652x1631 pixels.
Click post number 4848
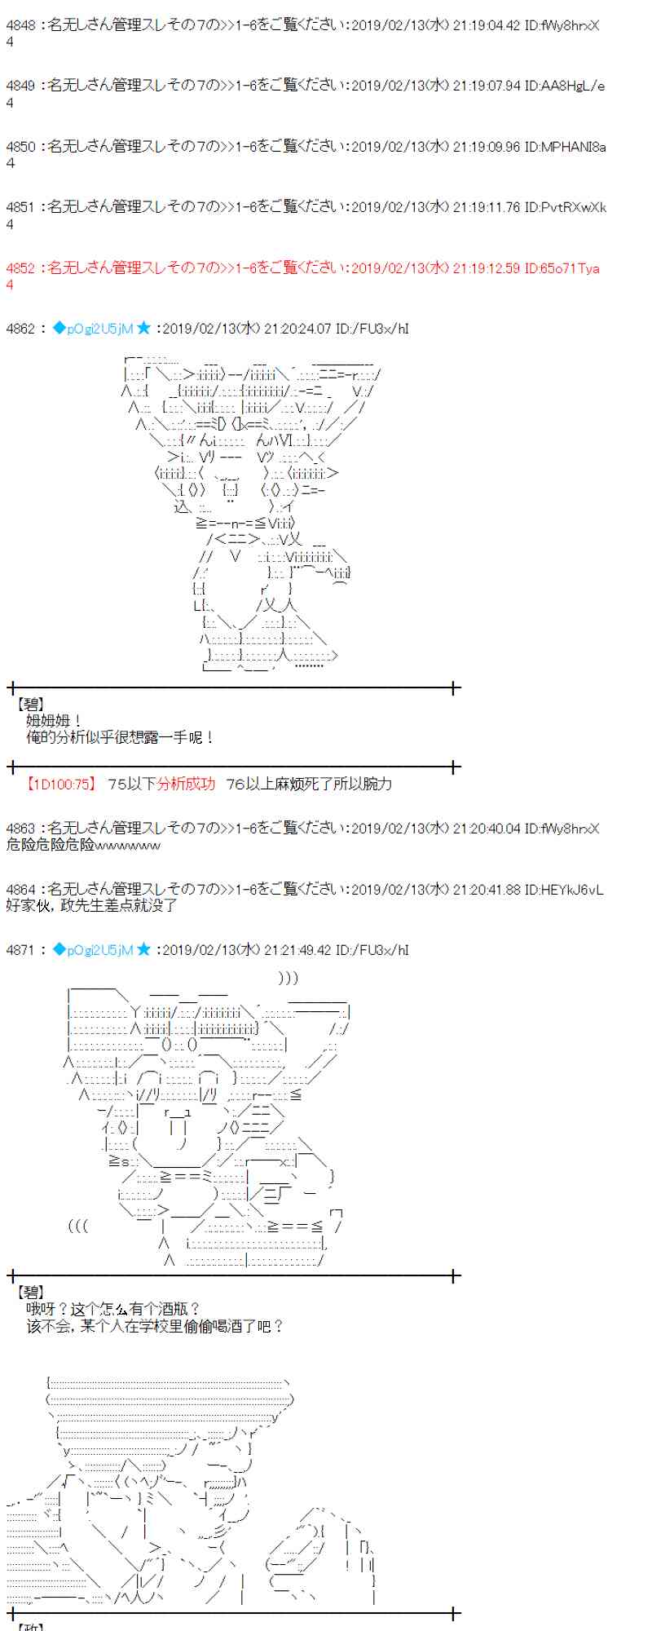coord(20,25)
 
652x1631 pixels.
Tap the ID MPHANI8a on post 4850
coord(574,147)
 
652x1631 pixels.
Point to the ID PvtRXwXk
coord(574,207)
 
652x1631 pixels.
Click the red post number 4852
coord(20,268)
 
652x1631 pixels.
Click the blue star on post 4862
coord(143,329)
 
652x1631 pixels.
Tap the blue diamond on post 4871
coord(59,949)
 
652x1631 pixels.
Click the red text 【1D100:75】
coord(61,784)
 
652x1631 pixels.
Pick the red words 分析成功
coord(187,784)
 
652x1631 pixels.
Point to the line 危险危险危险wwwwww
coord(83,845)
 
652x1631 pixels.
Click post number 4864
coord(20,889)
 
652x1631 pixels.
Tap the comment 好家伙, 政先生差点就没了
coord(91,905)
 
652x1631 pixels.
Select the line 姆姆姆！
coord(54,721)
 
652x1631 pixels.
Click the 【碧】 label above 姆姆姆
coord(31,704)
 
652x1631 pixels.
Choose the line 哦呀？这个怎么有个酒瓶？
coord(112,1309)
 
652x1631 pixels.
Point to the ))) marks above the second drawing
coord(288,978)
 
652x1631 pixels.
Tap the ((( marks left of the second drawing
coord(78,1226)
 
